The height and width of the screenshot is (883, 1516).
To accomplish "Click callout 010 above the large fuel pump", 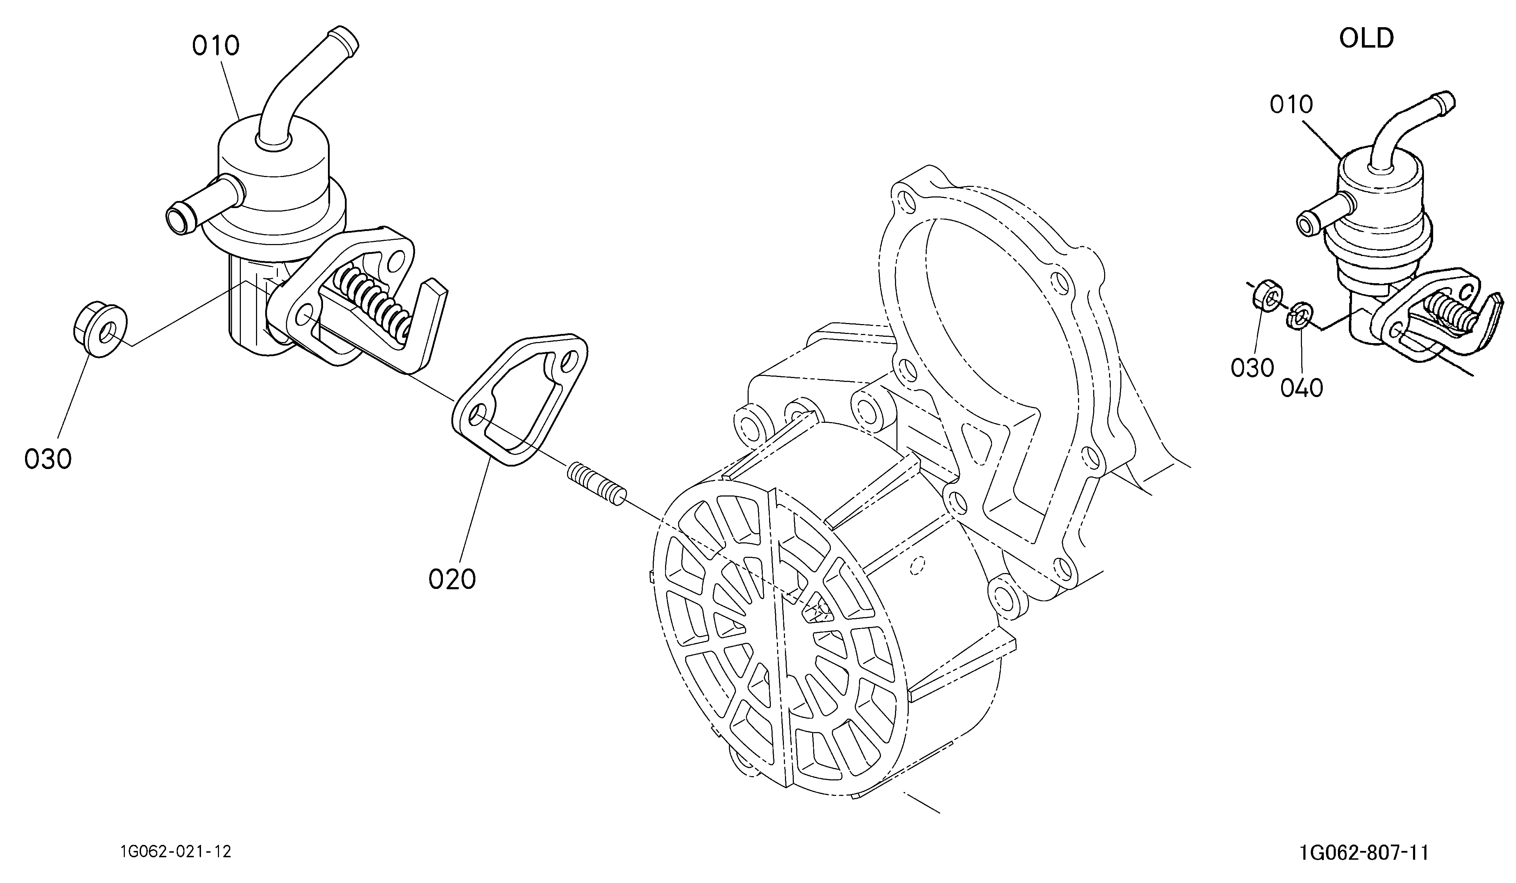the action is point(216,46).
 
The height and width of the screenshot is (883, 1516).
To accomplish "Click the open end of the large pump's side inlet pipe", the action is point(178,218).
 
